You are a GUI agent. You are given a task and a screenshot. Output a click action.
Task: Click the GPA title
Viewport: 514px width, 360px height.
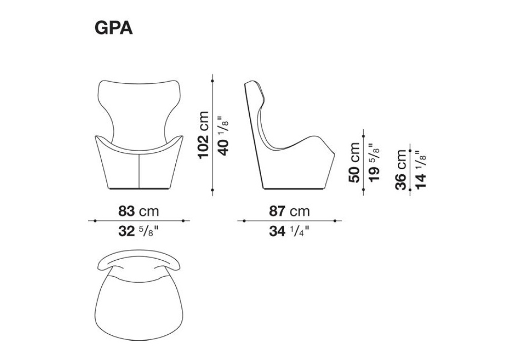point(114,28)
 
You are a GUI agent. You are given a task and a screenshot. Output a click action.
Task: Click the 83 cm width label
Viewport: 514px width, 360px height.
point(138,211)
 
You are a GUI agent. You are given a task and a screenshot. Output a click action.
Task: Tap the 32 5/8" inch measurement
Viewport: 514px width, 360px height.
point(138,231)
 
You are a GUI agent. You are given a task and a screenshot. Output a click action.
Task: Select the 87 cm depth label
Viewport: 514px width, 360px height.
point(289,211)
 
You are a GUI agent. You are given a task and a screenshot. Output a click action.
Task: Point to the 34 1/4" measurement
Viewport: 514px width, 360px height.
point(289,231)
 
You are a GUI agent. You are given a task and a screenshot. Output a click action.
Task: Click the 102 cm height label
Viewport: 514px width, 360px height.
point(203,135)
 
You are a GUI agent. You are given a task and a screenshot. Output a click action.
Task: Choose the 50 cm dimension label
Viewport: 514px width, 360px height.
point(354,163)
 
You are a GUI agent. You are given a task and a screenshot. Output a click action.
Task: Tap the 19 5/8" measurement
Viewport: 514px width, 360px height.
point(374,163)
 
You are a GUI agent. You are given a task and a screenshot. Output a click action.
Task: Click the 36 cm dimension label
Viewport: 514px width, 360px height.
point(401,170)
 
